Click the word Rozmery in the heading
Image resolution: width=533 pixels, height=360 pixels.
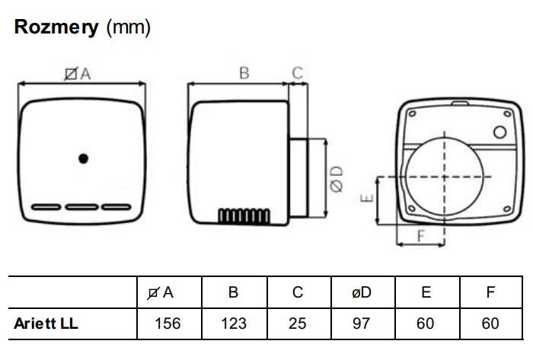[56, 28]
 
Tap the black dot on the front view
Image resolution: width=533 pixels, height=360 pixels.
[83, 158]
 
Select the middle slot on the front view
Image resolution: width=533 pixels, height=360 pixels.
[83, 206]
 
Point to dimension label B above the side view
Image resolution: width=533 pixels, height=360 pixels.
[244, 73]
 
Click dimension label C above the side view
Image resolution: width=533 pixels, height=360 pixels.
[298, 73]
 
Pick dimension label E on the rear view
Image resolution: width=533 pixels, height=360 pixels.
[367, 199]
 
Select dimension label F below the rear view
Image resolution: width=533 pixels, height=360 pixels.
[421, 236]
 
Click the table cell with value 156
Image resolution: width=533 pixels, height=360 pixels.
[168, 323]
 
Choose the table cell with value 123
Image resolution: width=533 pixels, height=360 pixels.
[233, 323]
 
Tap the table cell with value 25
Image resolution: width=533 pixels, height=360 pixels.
[298, 323]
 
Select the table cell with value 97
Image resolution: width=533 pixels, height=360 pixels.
[362, 323]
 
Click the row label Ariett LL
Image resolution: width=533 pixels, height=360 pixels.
[46, 323]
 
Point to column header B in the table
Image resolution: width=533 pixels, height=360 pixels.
[233, 292]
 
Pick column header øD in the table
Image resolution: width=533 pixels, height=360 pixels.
[362, 292]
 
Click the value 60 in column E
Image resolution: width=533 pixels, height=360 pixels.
[426, 323]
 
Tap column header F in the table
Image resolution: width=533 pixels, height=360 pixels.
[491, 292]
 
